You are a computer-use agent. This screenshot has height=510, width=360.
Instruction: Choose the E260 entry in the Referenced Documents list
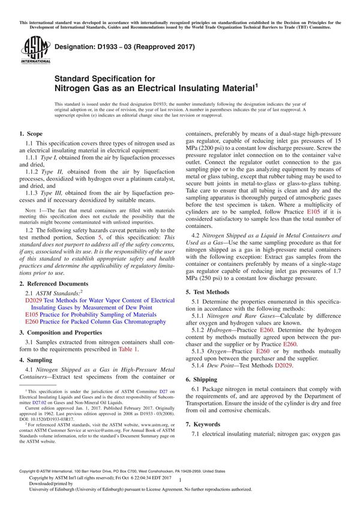tap(33, 322)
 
